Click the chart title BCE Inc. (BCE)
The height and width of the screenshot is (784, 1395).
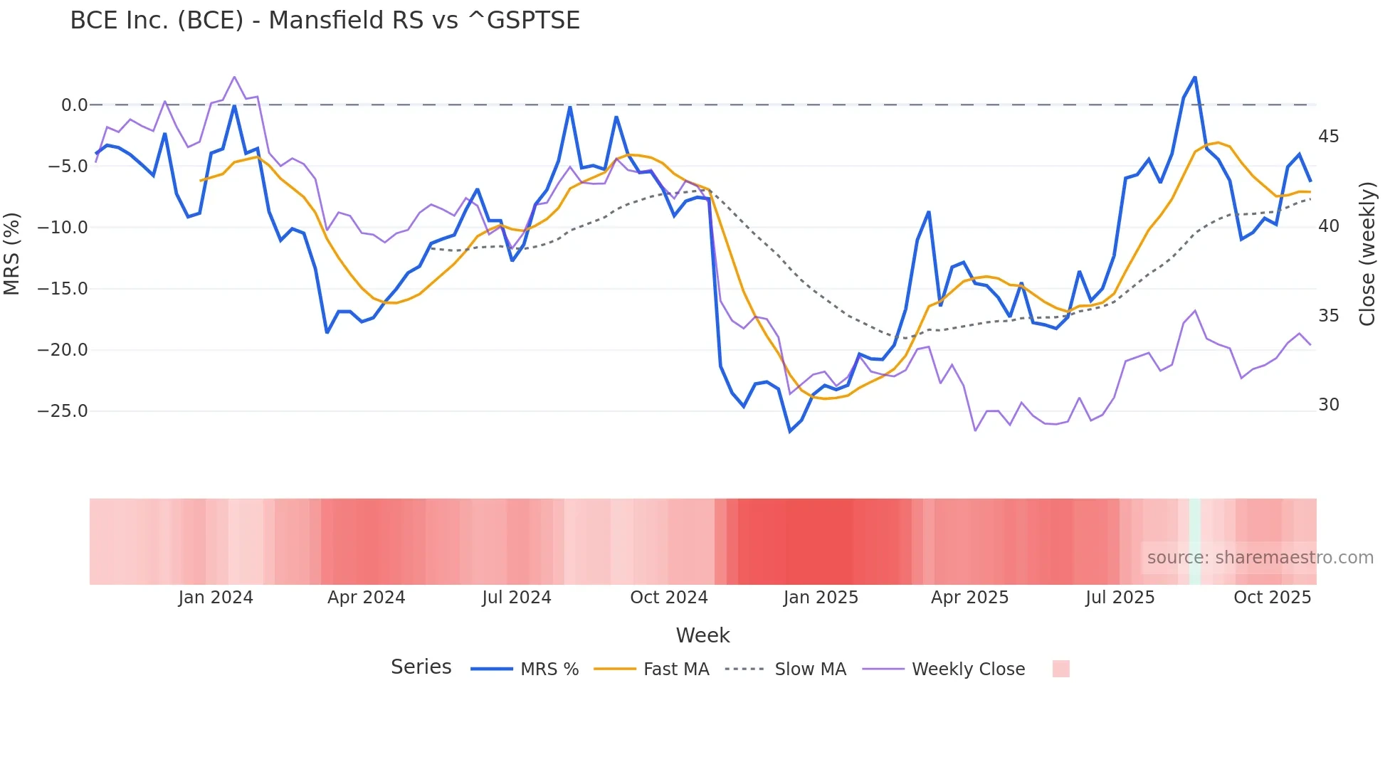click(x=325, y=20)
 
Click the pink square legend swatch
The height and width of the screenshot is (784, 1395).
click(x=1060, y=669)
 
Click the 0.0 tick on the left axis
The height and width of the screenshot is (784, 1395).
click(x=74, y=105)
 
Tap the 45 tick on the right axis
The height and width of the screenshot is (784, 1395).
click(x=1328, y=136)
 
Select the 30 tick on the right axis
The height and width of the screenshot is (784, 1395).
click(x=1328, y=405)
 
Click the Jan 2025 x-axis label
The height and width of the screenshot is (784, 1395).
click(x=821, y=598)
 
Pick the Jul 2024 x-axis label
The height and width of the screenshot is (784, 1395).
click(x=517, y=598)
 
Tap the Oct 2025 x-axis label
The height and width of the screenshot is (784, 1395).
click(x=1272, y=598)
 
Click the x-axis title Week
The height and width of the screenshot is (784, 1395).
click(x=702, y=635)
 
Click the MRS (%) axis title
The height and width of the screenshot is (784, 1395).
click(x=12, y=253)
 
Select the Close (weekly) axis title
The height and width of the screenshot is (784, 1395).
click(x=1367, y=253)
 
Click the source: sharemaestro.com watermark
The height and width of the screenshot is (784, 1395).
click(x=1260, y=558)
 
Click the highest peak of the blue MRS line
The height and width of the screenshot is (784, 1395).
click(x=1194, y=77)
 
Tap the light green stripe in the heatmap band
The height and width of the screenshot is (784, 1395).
click(x=1194, y=541)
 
